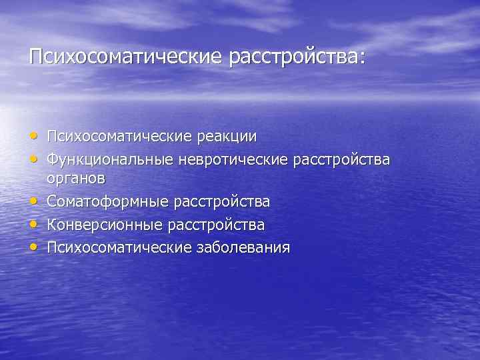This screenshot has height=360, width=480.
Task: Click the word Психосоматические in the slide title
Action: pos(125,57)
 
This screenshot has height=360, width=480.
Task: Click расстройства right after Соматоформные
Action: pos(223,202)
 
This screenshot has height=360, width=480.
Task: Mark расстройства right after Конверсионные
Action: pos(218,225)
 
